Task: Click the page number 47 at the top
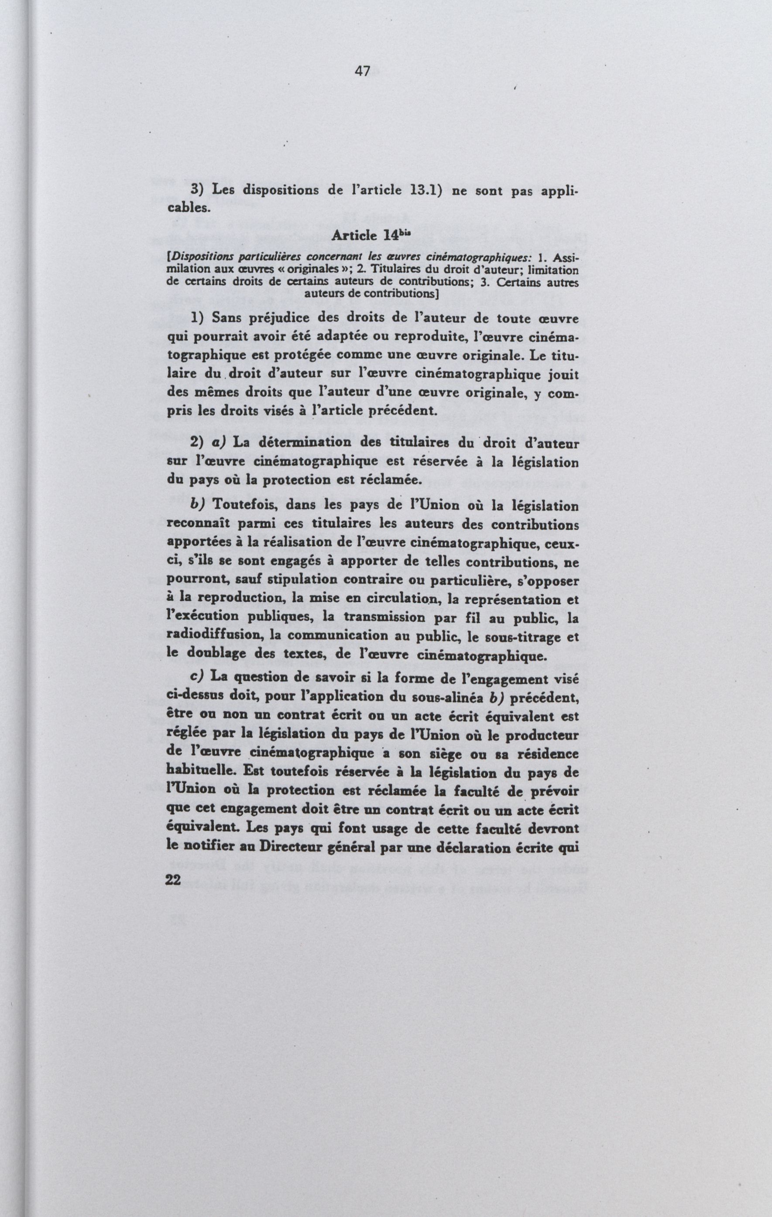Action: pyautogui.click(x=362, y=71)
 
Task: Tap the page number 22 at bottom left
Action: pyautogui.click(x=173, y=879)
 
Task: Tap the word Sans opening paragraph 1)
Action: pyautogui.click(x=224, y=318)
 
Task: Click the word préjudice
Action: pyautogui.click(x=276, y=319)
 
